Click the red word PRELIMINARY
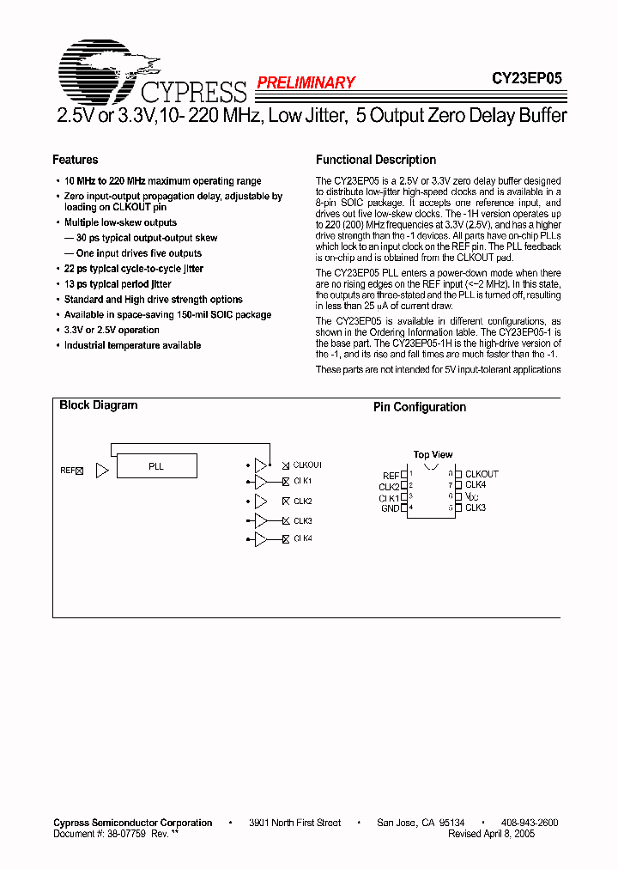coord(306,83)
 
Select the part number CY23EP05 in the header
coord(526,78)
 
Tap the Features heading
coord(76,160)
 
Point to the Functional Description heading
coord(376,160)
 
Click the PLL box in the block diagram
coord(156,466)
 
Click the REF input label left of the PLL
coord(68,471)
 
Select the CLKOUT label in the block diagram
coord(307,465)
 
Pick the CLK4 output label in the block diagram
coord(303,538)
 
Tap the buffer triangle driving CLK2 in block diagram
coord(260,501)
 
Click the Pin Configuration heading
coord(420,407)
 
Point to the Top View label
coord(433,454)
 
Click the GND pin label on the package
coord(390,508)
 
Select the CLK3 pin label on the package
coord(476,507)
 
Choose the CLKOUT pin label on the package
coord(482,474)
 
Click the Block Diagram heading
coord(99,405)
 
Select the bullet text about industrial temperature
coord(132,345)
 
